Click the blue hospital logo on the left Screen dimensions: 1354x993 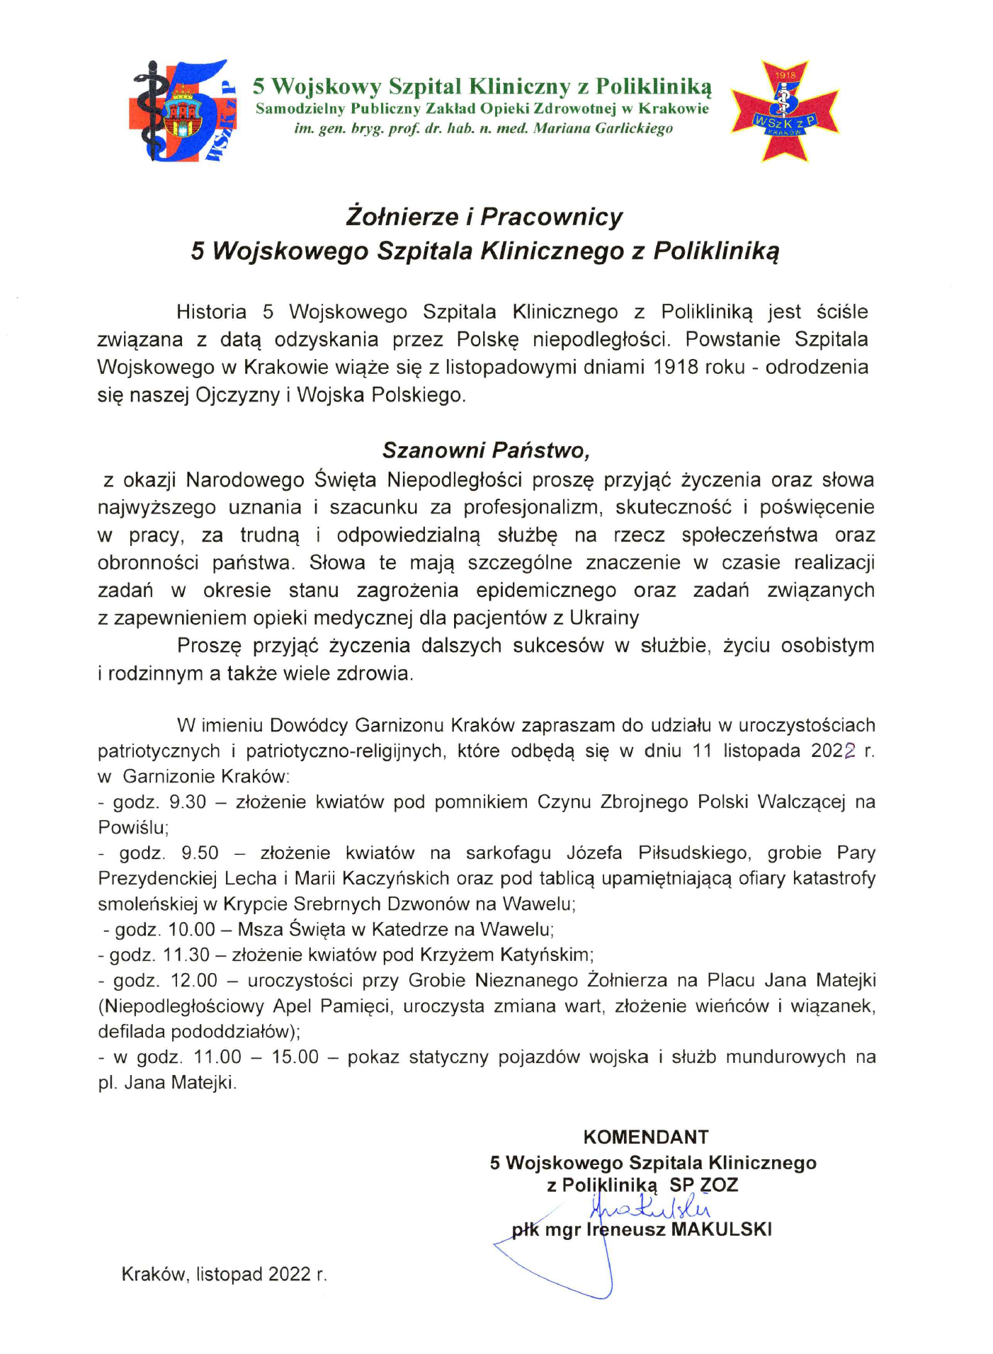coord(183,110)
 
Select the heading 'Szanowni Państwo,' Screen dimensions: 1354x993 coord(486,450)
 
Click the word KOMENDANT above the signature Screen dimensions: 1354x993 coord(645,1137)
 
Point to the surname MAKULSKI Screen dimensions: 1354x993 coord(721,1229)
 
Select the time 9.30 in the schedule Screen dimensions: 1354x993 coord(188,802)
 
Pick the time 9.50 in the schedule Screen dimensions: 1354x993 coord(200,853)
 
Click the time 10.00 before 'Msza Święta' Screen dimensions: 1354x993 coord(191,929)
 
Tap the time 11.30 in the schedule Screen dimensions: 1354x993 coord(186,955)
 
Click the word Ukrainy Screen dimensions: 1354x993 coord(604,618)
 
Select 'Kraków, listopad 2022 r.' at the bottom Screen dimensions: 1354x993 coord(225,1275)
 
